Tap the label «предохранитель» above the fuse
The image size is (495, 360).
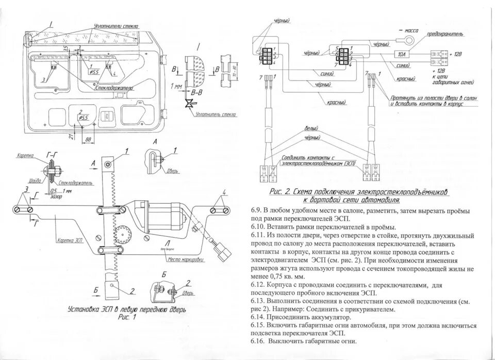pyautogui.click(x=444, y=35)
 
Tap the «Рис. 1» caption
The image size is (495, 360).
pyautogui.click(x=128, y=318)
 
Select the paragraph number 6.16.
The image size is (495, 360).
pyautogui.click(x=257, y=341)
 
